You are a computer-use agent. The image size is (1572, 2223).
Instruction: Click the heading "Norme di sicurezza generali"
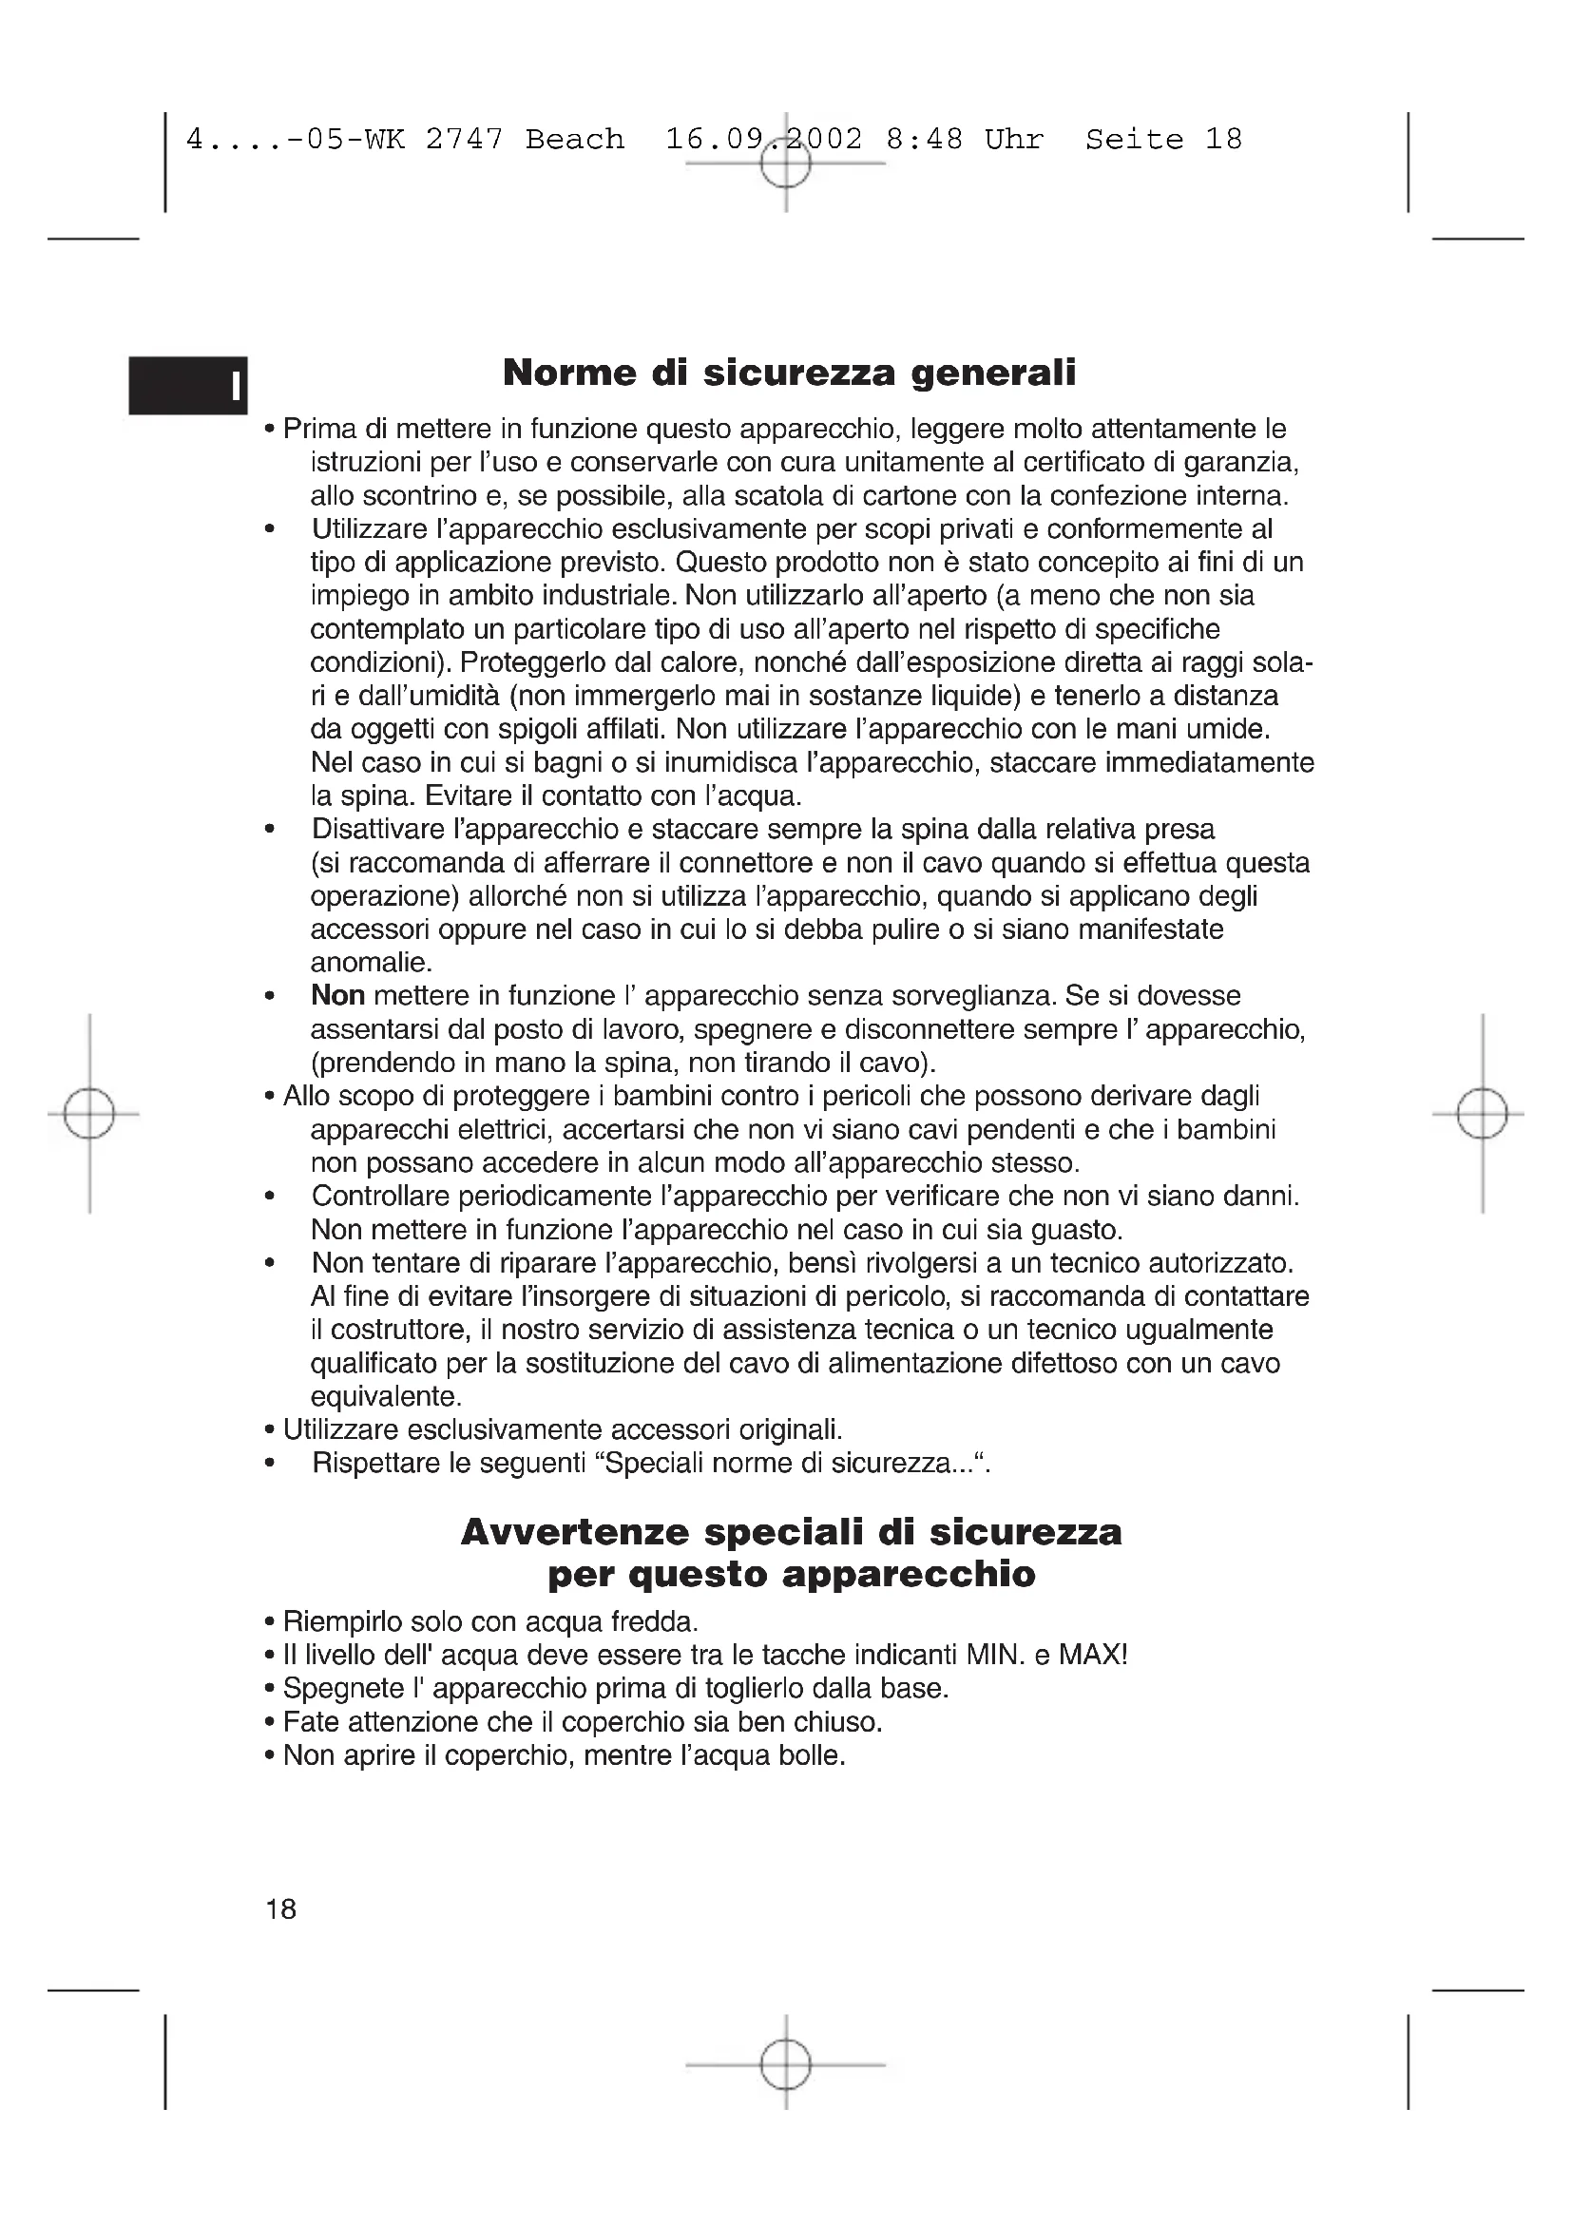pos(789,373)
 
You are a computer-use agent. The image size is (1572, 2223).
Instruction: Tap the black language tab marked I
pos(189,385)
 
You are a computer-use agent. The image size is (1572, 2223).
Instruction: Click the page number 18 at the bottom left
pos(280,1909)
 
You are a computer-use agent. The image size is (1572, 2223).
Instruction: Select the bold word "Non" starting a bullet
pos(336,995)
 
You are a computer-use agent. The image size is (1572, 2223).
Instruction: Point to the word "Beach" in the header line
pos(575,141)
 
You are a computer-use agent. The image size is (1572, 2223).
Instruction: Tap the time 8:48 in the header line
pos(925,141)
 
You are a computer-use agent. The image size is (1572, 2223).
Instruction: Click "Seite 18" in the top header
pos(1163,141)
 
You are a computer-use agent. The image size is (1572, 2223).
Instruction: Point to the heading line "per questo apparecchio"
pos(791,1575)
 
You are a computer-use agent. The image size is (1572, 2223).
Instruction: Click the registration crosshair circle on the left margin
pos(89,1114)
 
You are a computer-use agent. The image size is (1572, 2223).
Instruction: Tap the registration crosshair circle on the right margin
pos(1482,1114)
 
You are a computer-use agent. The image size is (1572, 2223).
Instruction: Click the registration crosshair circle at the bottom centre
pos(785,2065)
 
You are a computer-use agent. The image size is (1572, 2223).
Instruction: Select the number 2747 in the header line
pos(465,141)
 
